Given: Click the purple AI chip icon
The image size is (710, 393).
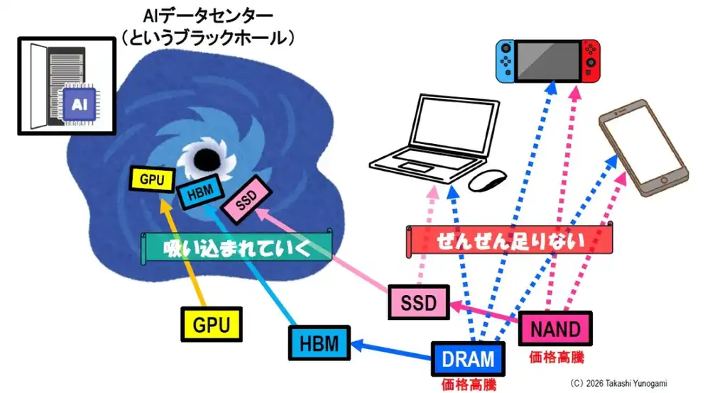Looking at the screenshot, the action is coord(80,105).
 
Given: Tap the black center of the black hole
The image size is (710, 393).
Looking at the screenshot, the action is coord(207,159).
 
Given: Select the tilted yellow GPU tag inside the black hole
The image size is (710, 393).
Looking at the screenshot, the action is coord(152,179).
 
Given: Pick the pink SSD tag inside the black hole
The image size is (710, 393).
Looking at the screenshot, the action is coord(247,199).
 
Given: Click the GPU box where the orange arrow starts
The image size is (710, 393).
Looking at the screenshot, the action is coord(212,324).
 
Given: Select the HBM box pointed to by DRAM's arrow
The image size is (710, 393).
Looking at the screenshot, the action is coord(319,343).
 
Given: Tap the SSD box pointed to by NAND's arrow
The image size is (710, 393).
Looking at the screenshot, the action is coord(419,302).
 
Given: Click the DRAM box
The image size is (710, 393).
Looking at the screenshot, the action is coord(468,359).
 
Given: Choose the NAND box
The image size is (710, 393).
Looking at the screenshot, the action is coord(555,328).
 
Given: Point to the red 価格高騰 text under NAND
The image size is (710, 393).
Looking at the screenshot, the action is coord(557,358).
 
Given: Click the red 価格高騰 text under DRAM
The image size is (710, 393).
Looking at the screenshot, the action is coord(469,385).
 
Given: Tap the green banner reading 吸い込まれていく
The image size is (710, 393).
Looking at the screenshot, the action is coord(237,248).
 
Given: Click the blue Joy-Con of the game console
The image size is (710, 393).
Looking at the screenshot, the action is coord(505,61).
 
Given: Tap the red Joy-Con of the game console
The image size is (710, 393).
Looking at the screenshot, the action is coord(591,61).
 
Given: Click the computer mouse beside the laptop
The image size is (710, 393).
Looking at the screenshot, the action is coord(488,180).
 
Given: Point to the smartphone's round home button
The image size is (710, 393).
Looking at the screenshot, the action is coord(664,180).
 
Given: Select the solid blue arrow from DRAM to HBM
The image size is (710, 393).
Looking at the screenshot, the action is coord(391,351).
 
